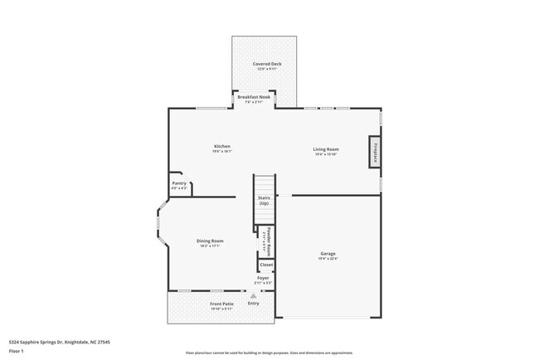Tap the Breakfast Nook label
(254, 97)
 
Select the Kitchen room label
(221, 146)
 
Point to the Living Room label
(326, 149)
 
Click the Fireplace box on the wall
(376, 153)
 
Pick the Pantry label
(179, 183)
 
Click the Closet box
(265, 265)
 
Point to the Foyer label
(263, 279)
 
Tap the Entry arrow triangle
(253, 294)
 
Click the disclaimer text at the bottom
(269, 353)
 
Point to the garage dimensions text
(328, 259)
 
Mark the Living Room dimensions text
(326, 154)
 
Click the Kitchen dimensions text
(221, 152)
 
